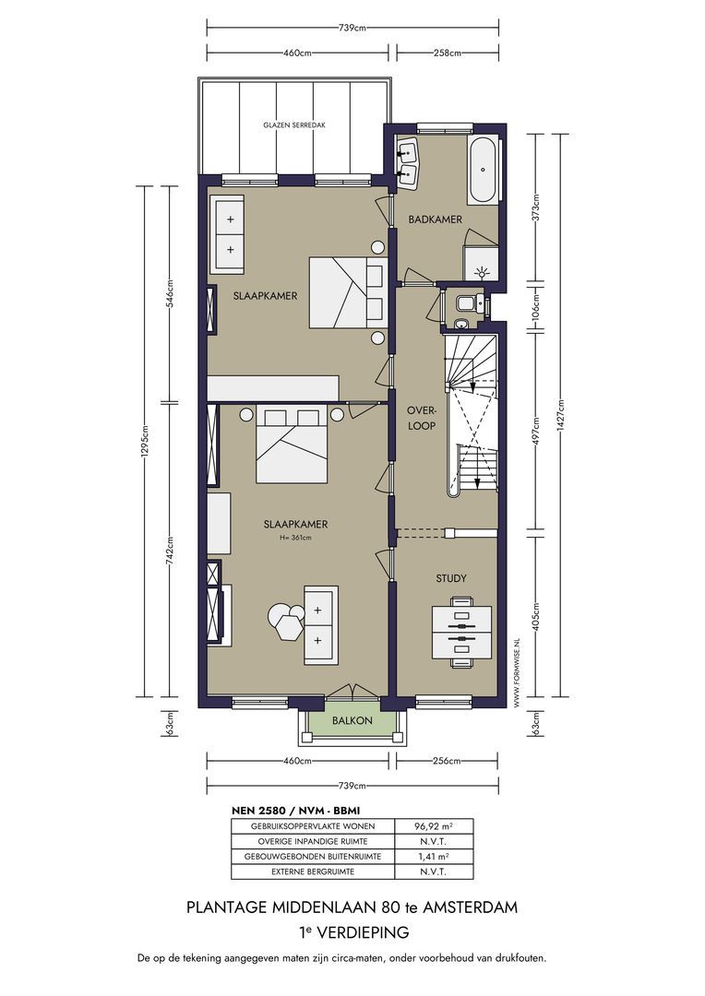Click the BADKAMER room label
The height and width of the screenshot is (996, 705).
point(435,219)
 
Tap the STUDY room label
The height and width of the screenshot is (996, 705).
point(450,578)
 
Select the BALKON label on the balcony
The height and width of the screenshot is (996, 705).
point(353,720)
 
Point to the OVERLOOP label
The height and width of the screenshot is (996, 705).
point(421,419)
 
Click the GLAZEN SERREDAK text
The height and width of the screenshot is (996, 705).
point(293,125)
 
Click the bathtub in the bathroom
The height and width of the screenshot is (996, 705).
point(484,171)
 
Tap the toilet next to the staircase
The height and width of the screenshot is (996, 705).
point(465,302)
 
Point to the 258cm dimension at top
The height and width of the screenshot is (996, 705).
point(447,53)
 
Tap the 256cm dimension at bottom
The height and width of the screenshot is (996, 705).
point(447,761)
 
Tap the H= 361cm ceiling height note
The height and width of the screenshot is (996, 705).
point(294,538)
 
